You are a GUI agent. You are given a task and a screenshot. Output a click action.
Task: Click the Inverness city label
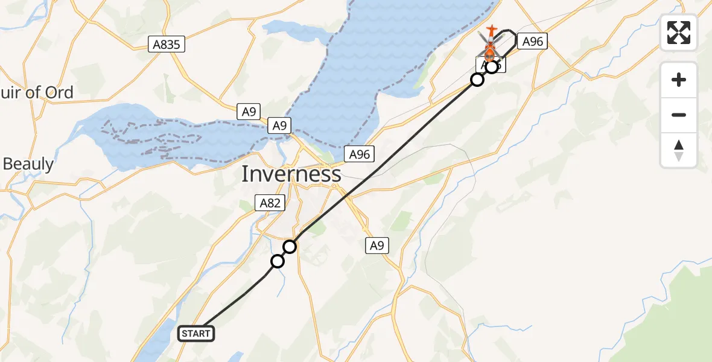(x=291, y=174)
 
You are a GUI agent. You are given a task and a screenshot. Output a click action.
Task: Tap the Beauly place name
(x=28, y=164)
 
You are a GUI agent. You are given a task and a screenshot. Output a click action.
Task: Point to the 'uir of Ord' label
(x=37, y=92)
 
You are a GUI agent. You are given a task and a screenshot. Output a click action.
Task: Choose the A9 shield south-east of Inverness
(x=377, y=246)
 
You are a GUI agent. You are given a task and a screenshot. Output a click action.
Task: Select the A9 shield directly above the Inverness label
(x=279, y=125)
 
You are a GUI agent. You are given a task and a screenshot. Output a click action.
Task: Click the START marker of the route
(x=196, y=334)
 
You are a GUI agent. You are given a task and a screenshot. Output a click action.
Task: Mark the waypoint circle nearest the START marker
(x=278, y=261)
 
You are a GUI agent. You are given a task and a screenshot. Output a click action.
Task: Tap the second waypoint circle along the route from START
(x=290, y=247)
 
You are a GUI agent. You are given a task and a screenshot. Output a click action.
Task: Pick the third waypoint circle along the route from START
(x=477, y=80)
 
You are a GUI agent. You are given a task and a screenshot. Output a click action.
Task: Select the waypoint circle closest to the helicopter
(x=492, y=67)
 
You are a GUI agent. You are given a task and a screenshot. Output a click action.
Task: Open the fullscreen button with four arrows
(x=679, y=33)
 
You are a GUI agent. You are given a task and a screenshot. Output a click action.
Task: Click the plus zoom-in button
(x=679, y=80)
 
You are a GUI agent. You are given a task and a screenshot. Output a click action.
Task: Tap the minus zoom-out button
(x=679, y=115)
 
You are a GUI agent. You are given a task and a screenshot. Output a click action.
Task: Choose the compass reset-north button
(x=679, y=150)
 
